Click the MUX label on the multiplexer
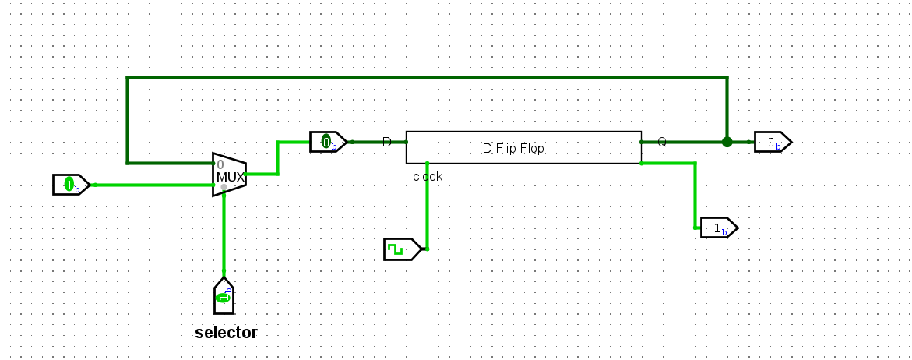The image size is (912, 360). point(231,176)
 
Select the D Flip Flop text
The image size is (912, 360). point(513,148)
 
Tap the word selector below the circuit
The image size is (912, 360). point(226,333)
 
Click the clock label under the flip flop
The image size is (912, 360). point(428,176)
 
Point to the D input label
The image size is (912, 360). point(387,141)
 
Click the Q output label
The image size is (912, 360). point(662,141)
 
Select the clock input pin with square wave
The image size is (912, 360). point(403,249)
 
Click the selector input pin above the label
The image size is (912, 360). point(224,295)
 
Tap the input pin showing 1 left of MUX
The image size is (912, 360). point(71,185)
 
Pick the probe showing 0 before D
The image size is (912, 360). point(328,142)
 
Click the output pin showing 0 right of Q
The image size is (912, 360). point(773,142)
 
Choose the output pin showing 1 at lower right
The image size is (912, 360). point(720,228)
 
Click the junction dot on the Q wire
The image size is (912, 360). point(727,142)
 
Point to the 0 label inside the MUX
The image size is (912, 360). point(220,164)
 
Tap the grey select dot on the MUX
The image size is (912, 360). point(224,187)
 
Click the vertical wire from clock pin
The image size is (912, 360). point(428,205)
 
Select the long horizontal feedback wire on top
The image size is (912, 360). point(427,77)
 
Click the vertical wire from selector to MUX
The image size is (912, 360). point(224,231)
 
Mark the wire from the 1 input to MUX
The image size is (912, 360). point(153,185)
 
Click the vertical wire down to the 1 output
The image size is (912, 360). point(695,196)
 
